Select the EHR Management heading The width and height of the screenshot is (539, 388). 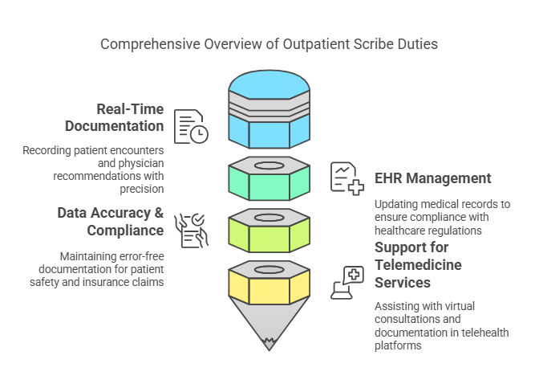[432, 178]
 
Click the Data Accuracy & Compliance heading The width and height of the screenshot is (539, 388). [111, 222]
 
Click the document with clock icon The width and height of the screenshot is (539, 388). [191, 126]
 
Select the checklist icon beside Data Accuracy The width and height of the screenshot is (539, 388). [191, 230]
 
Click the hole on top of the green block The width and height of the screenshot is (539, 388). [269, 165]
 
